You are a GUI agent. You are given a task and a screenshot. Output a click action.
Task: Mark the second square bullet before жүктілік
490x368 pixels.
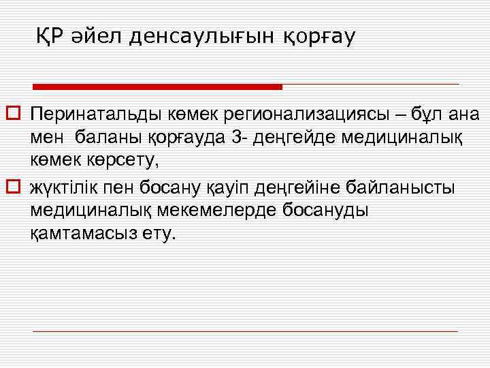click(12, 185)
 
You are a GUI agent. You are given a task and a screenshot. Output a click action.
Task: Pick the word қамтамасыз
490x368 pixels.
click(82, 234)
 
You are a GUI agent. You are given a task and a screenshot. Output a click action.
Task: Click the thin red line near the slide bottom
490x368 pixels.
click(245, 331)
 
